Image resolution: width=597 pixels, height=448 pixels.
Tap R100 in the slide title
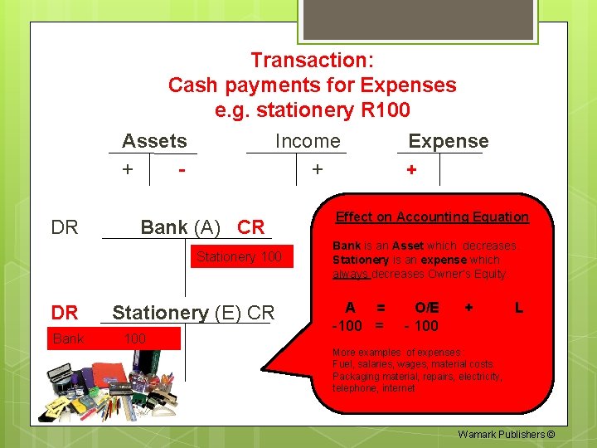click(382, 110)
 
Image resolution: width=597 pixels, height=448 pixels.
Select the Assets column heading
click(154, 141)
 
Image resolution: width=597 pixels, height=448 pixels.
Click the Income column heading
click(308, 141)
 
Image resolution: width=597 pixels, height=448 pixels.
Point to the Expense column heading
click(449, 141)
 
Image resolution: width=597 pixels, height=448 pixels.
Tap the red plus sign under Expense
click(410, 170)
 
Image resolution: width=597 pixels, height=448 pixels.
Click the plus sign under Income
click(316, 169)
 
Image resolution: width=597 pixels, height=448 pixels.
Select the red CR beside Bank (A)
click(250, 227)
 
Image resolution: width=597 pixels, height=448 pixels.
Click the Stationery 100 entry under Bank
click(239, 257)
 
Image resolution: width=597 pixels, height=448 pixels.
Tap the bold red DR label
click(65, 313)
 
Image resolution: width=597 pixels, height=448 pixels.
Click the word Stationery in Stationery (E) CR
click(161, 313)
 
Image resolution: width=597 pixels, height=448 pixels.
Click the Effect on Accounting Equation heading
click(432, 217)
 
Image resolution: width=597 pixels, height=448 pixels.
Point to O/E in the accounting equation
click(427, 308)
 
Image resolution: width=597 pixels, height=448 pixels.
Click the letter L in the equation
click(518, 308)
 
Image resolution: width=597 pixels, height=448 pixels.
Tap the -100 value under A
click(348, 325)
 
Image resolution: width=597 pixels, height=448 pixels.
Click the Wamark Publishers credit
click(506, 435)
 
